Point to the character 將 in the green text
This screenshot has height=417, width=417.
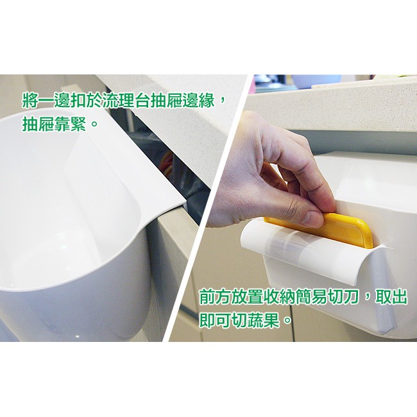30,99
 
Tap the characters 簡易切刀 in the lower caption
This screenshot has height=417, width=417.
325,297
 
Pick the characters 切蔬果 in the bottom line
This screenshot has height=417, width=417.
255,321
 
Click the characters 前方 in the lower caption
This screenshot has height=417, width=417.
215,297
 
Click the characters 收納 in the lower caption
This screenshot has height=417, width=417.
278,297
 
